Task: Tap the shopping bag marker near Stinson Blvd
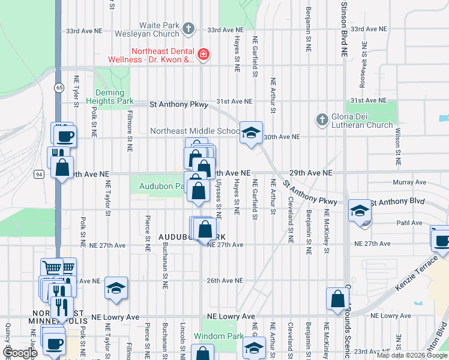coord(337,298)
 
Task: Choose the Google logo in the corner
coord(19,353)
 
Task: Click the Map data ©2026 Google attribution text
coord(412,355)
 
